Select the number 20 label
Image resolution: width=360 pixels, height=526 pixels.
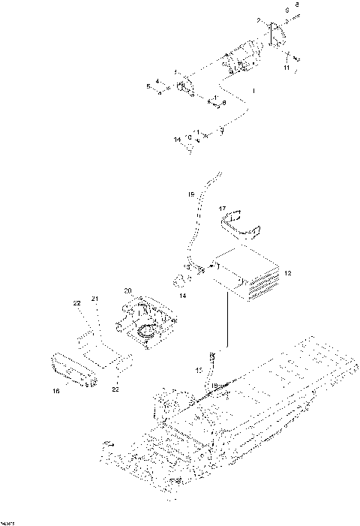pos(127,290)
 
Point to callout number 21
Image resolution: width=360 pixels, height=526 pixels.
pos(95,299)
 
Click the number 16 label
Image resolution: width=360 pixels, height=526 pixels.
pos(55,391)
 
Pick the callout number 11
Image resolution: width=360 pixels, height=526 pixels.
pos(285,68)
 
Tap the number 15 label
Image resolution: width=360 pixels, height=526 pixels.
pos(199,371)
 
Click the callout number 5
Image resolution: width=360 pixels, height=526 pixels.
pos(148,88)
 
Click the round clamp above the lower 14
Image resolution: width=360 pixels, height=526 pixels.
pos(181,281)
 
